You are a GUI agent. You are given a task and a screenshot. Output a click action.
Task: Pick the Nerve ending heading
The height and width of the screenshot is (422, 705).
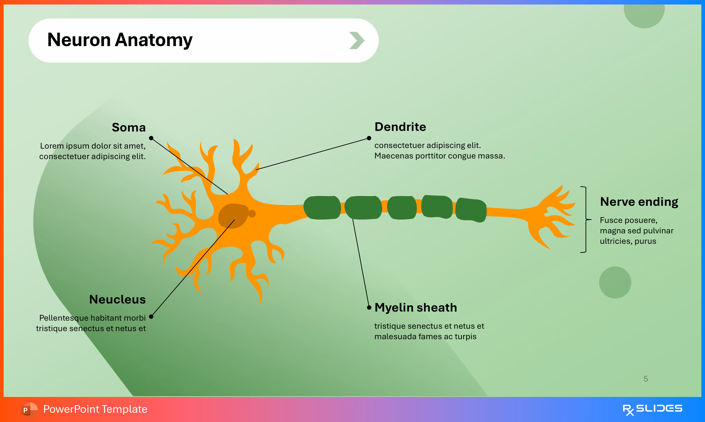(639, 202)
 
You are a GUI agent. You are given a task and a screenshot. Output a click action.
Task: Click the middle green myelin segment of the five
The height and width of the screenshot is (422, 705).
(401, 208)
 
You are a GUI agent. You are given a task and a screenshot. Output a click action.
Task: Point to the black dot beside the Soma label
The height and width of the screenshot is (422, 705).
(151, 138)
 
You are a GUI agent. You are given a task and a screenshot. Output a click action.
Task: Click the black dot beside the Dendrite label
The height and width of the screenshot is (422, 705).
(369, 138)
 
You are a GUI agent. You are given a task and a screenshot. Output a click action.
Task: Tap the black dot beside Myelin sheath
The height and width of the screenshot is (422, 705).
(369, 307)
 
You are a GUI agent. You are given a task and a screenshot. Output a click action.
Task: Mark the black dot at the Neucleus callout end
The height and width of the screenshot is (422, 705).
(151, 316)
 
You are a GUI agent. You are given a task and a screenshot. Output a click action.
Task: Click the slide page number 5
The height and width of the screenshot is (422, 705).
(646, 379)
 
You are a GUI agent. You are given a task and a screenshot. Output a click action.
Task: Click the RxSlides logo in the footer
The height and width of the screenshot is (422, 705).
(652, 409)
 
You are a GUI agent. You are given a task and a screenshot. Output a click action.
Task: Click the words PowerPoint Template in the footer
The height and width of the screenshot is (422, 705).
(95, 409)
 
